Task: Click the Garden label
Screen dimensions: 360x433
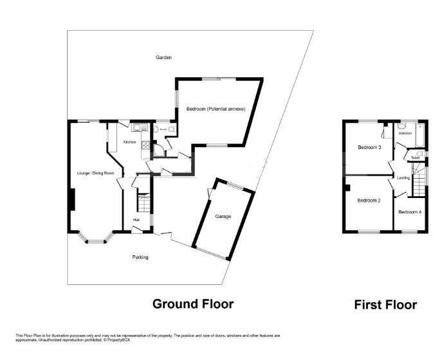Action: (163, 57)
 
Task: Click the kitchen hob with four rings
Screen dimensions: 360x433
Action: (145, 146)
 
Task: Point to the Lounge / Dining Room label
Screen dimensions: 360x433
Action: (95, 174)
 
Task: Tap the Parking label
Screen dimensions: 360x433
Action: (140, 257)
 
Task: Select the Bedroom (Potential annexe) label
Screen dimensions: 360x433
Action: (216, 109)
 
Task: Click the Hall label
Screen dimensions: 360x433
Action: (136, 221)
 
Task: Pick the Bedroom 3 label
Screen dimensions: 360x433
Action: (369, 147)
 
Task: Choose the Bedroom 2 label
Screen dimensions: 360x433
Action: (369, 201)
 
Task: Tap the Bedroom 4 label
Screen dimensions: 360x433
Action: (409, 212)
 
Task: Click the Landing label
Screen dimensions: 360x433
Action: (403, 177)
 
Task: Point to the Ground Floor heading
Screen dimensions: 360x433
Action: (192, 303)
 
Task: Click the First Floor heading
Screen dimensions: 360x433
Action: (385, 305)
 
